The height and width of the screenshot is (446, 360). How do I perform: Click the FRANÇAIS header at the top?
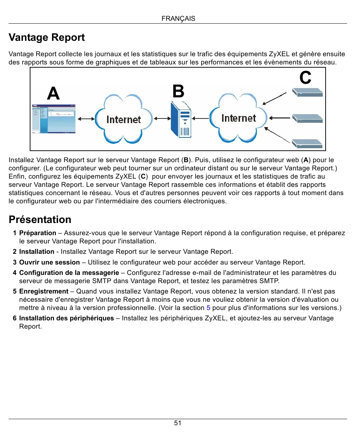click(x=178, y=19)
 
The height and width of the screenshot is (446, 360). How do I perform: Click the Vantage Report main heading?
click(x=47, y=38)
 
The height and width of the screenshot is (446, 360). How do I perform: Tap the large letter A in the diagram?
click(x=53, y=93)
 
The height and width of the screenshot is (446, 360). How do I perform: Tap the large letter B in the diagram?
click(x=178, y=91)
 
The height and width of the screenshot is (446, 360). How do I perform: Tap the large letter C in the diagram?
click(x=306, y=78)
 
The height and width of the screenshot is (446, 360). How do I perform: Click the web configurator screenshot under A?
click(x=54, y=119)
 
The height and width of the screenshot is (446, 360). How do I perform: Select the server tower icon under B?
click(x=181, y=120)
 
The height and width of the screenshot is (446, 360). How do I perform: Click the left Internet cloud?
click(x=124, y=119)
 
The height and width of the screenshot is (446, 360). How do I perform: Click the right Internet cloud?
click(x=239, y=118)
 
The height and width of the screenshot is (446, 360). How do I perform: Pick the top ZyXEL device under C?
click(x=307, y=92)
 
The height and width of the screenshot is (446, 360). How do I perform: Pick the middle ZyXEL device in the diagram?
click(x=307, y=118)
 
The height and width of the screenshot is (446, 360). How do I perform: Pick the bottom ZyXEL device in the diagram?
click(x=307, y=144)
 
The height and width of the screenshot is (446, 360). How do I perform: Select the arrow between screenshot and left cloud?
click(x=86, y=119)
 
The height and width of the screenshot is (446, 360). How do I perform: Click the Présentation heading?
click(x=40, y=219)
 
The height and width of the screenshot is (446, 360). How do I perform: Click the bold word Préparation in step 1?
click(x=38, y=233)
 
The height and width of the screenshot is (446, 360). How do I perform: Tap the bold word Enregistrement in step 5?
click(x=44, y=291)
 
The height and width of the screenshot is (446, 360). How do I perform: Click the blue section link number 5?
click(x=208, y=308)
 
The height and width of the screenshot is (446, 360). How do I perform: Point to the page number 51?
click(x=178, y=423)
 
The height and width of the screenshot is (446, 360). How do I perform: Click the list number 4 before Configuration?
click(x=15, y=273)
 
